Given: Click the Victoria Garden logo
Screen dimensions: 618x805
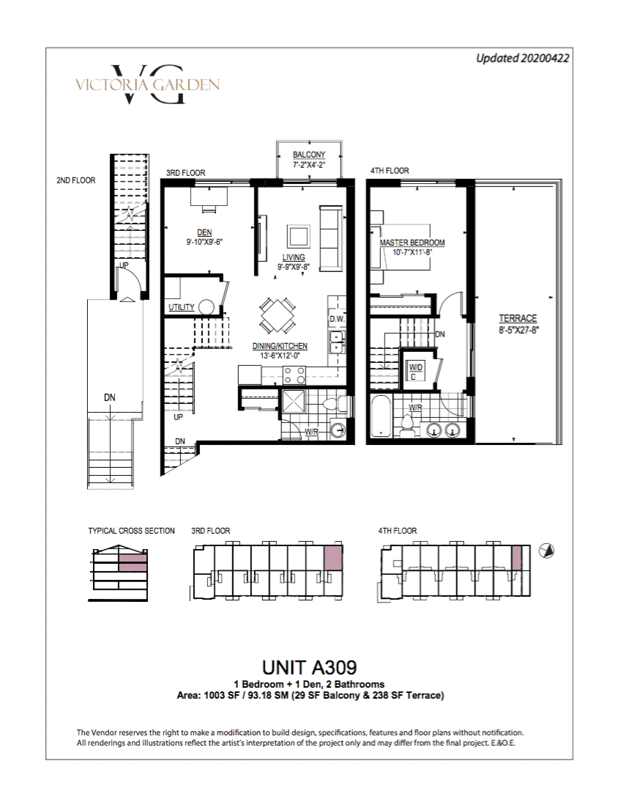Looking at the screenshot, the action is click(148, 85).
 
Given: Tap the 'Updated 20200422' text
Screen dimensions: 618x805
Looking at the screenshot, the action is click(523, 59).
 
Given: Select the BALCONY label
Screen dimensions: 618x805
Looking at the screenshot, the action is click(309, 155).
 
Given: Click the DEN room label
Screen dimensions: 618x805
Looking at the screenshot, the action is click(204, 232).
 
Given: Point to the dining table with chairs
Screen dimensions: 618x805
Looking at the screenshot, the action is click(277, 316).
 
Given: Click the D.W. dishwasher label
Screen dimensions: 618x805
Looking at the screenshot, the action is click(337, 319).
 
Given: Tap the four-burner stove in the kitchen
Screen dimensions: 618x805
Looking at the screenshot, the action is click(294, 375).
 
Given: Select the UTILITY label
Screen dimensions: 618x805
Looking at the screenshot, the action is click(182, 307).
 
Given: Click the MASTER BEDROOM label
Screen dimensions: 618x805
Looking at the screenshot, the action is click(412, 243).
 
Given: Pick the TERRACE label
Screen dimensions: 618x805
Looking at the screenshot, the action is click(518, 318).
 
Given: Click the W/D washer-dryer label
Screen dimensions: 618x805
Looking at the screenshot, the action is click(415, 367).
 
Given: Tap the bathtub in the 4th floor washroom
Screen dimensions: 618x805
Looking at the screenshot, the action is click(381, 416).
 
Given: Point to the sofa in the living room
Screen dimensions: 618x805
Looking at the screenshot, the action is click(331, 238).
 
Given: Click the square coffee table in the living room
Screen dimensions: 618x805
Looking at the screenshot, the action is click(298, 237).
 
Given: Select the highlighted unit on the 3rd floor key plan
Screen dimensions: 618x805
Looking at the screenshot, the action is click(333, 557).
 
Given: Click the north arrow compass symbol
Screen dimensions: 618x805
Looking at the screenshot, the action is click(547, 551).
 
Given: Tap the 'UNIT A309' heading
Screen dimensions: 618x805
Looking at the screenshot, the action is click(309, 667).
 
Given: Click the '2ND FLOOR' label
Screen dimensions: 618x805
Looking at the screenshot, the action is click(76, 180).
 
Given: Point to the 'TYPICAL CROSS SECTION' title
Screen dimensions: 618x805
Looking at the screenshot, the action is click(131, 531).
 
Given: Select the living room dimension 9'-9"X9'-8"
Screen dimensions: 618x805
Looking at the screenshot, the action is click(294, 267).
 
